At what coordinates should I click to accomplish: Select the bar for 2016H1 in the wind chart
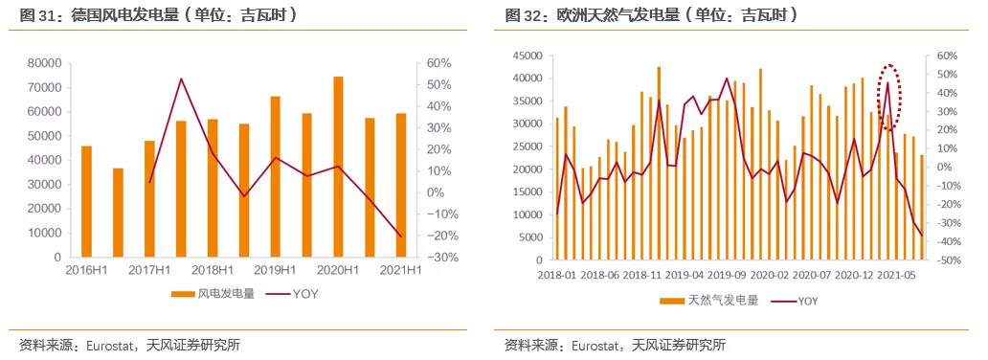87,201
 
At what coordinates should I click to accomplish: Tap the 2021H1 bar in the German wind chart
400,186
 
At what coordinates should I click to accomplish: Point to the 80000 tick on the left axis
46,63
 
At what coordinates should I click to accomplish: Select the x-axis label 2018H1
212,270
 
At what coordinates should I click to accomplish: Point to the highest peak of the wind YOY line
181,79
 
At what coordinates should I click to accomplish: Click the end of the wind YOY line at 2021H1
400,236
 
